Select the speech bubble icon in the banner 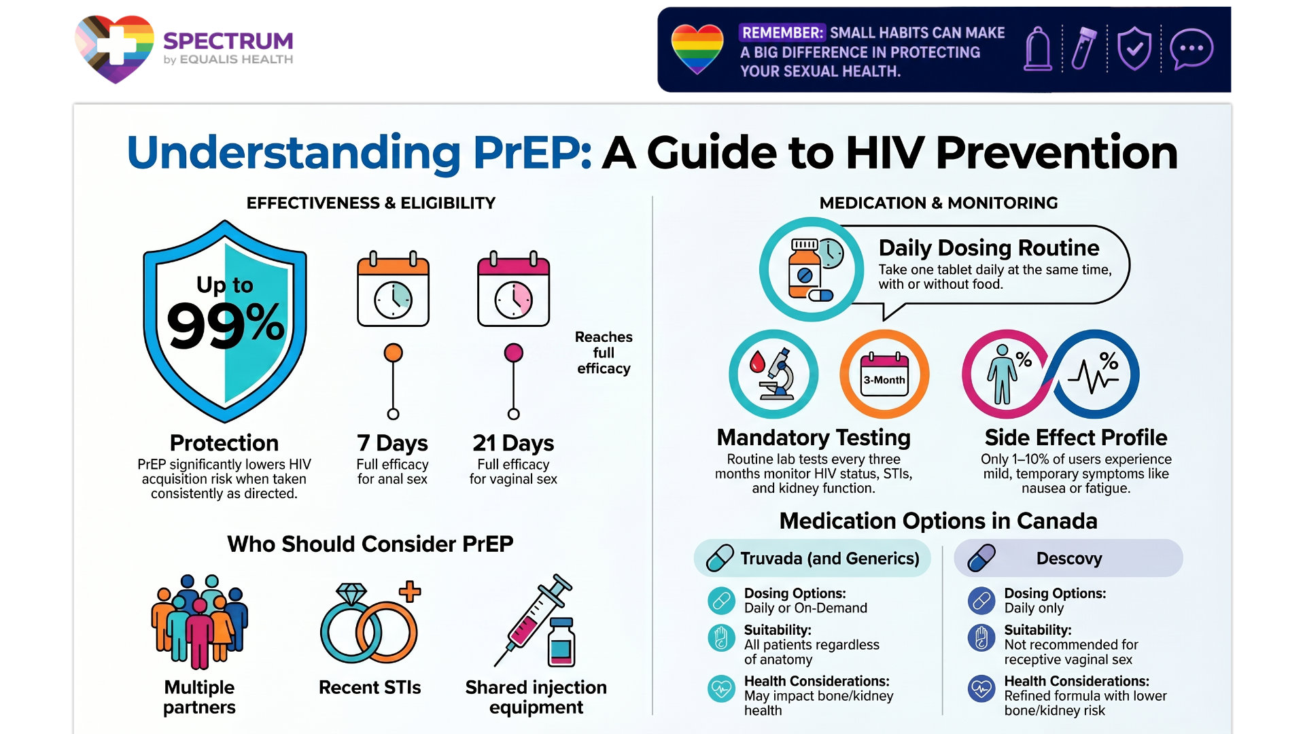[1191, 49]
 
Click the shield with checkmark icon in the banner [1134, 49]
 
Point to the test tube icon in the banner [1084, 48]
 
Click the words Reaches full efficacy [604, 353]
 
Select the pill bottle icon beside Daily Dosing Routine [812, 269]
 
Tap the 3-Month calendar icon [884, 374]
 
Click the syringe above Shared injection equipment [534, 619]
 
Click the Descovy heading [1069, 559]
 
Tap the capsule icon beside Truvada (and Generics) [720, 558]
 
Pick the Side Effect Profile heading [1076, 437]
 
